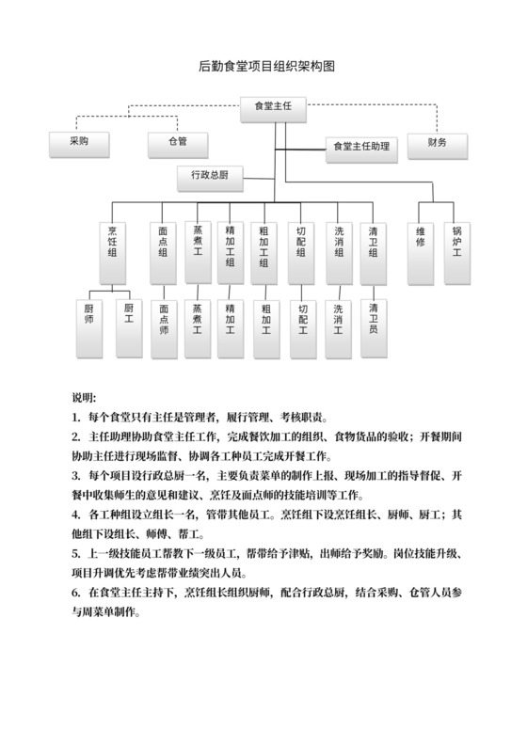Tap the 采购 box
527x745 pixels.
tap(79, 144)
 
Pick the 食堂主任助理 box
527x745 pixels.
tap(361, 147)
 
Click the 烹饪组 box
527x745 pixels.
tap(113, 250)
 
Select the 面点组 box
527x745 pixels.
tap(163, 250)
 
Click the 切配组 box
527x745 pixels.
tap(302, 250)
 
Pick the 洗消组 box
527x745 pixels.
tap(338, 250)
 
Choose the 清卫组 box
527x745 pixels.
tap(374, 250)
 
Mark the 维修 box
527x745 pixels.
tap(421, 250)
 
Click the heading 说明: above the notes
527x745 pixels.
tap(84, 395)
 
